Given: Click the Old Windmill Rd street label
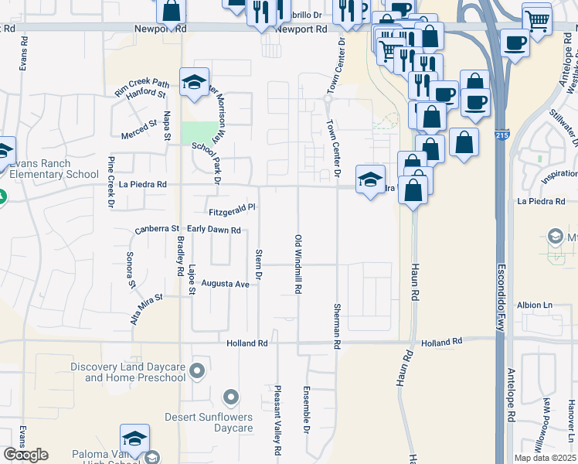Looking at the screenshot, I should [x=297, y=264].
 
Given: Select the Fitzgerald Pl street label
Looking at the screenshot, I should [x=232, y=209].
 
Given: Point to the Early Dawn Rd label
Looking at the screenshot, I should [x=214, y=230].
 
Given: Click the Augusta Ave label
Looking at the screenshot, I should [x=225, y=284].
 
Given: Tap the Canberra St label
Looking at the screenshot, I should [x=157, y=230].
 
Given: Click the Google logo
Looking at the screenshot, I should [x=25, y=455].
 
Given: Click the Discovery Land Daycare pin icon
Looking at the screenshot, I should [x=198, y=371].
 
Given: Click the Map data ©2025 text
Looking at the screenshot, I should [x=546, y=458].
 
